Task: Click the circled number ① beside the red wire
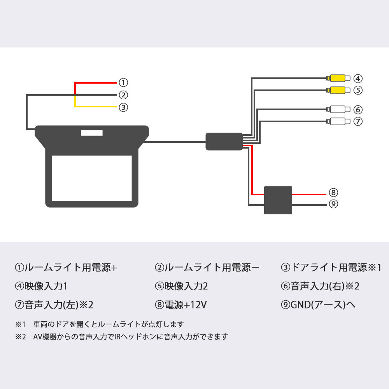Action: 123,82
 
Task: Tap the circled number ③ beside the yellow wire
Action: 123,107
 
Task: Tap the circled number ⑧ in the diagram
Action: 333,193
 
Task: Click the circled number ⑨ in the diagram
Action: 333,203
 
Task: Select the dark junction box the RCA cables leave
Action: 224,141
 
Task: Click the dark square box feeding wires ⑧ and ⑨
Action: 278,200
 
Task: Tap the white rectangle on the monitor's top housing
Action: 92,133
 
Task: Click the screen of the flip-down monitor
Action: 92,178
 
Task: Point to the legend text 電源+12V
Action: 185,305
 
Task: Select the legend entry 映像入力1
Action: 46,286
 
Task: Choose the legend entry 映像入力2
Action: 186,286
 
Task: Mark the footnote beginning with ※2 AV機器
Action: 121,337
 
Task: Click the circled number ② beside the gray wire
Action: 123,95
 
